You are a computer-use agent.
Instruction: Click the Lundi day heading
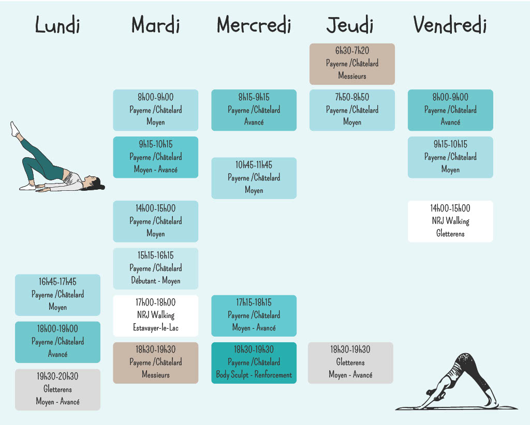(x=57, y=25)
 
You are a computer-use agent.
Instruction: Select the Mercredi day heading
(x=254, y=25)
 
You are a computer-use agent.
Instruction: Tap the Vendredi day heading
(x=450, y=25)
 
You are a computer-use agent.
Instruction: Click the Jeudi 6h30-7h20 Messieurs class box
(x=352, y=64)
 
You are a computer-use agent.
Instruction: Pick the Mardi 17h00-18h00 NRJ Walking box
(x=155, y=315)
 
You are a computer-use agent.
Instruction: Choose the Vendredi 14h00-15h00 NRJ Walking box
(x=450, y=221)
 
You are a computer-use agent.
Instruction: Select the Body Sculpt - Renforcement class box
(x=254, y=363)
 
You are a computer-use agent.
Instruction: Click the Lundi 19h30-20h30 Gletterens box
(x=57, y=389)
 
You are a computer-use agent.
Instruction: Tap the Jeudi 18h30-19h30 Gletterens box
(x=350, y=363)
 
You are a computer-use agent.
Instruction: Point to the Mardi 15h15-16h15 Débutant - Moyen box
(x=155, y=269)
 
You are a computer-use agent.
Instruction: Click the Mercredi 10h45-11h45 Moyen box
(x=254, y=178)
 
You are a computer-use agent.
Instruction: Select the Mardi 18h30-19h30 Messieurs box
(x=155, y=363)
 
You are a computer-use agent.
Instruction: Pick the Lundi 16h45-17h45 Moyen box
(x=57, y=295)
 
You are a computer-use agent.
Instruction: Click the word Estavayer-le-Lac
(x=155, y=327)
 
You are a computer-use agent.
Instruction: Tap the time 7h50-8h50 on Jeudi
(x=352, y=97)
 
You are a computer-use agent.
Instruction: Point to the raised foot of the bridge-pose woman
(x=14, y=129)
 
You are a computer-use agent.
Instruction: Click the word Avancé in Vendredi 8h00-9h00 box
(x=450, y=122)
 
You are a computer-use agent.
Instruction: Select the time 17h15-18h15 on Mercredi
(x=254, y=302)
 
